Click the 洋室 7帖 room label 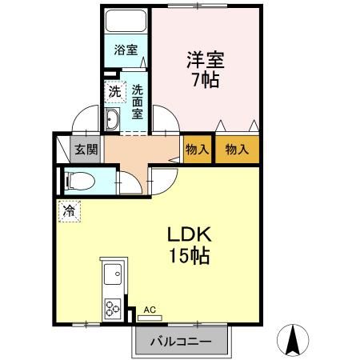[206, 70]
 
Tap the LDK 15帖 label [190, 245]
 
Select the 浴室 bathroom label [126, 50]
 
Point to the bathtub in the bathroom [126, 21]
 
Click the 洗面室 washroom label [138, 102]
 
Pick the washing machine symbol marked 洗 [115, 92]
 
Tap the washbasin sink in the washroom [112, 119]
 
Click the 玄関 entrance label [86, 150]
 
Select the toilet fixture [80, 181]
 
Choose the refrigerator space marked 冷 [70, 211]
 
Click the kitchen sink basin [113, 274]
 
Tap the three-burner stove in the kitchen [113, 309]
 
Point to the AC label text [150, 310]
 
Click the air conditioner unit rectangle [150, 318]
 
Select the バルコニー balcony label [181, 342]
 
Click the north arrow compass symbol [293, 340]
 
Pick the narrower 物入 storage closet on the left [198, 150]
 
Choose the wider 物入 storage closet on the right [237, 150]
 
